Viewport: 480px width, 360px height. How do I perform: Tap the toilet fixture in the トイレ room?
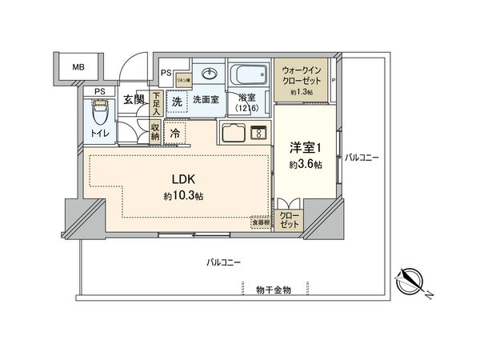99,118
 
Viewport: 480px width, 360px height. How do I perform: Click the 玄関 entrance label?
134,100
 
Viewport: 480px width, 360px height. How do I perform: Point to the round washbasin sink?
210,74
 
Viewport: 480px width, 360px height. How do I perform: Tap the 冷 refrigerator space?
175,134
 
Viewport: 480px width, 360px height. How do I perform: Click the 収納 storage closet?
156,134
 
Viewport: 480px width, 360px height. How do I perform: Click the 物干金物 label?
274,289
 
